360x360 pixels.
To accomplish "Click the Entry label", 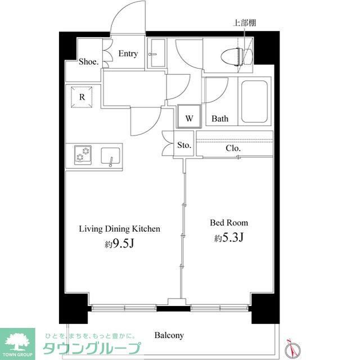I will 128,54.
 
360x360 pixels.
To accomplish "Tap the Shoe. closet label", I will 88,61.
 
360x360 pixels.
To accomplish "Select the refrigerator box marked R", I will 82,97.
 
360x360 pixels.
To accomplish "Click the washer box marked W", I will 190,118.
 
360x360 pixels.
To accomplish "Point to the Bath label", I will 220,119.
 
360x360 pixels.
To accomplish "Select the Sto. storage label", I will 184,145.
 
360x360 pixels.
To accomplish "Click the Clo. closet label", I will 233,148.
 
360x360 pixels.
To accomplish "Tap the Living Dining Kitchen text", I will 120,229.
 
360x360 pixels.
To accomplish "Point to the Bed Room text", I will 229,223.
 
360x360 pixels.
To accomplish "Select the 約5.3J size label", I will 228,238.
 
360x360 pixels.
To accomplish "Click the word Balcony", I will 169,335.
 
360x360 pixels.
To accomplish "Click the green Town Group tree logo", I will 17,340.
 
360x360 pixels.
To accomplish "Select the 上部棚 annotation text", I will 245,23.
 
